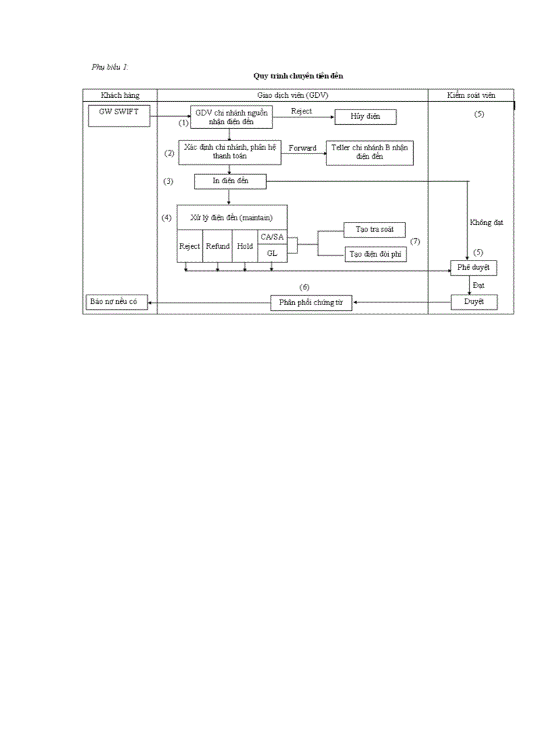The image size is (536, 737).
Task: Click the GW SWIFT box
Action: (x=119, y=115)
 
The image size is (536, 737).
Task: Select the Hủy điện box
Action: (x=365, y=117)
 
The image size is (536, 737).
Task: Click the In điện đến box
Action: (x=230, y=180)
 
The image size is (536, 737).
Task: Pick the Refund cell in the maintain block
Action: (x=217, y=246)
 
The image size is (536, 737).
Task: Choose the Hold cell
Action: (x=245, y=246)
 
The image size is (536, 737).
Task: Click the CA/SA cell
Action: (x=272, y=237)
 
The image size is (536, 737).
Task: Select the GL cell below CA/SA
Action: (x=272, y=253)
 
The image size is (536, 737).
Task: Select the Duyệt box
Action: (x=474, y=303)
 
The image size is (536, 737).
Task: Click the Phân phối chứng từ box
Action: (x=311, y=303)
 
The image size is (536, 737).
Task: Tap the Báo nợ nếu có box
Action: (x=116, y=303)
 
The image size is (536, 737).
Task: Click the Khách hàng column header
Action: (x=120, y=95)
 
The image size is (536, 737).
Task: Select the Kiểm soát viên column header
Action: (x=471, y=95)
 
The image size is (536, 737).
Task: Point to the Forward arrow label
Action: (x=302, y=148)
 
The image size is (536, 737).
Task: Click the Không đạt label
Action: (x=486, y=222)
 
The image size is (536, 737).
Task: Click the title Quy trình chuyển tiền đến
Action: (x=298, y=76)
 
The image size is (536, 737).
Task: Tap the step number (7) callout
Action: (x=414, y=242)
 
